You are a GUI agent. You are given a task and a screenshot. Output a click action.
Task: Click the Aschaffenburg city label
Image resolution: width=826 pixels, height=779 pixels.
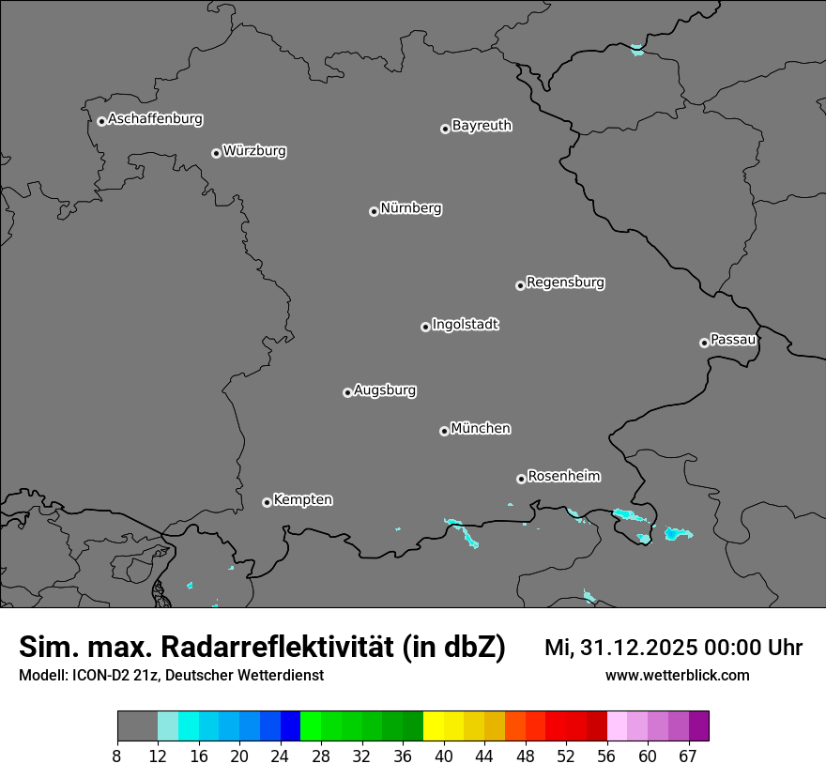pyautogui.click(x=155, y=119)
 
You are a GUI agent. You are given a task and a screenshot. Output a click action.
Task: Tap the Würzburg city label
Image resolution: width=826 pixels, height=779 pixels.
pyautogui.click(x=254, y=151)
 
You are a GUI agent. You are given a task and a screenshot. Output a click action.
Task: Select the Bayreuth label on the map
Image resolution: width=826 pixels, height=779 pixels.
pyautogui.click(x=482, y=126)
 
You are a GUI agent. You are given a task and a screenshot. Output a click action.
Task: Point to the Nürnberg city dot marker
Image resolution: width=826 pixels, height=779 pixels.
pyautogui.click(x=374, y=211)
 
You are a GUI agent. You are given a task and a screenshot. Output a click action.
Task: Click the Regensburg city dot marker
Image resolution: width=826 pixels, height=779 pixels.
pyautogui.click(x=520, y=285)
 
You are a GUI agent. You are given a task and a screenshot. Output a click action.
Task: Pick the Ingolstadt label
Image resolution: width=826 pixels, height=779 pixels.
pyautogui.click(x=465, y=325)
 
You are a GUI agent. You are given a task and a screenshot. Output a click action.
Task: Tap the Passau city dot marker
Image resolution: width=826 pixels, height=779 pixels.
pyautogui.click(x=704, y=343)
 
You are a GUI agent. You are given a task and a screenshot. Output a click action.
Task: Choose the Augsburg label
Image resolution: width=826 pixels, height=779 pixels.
pyautogui.click(x=385, y=390)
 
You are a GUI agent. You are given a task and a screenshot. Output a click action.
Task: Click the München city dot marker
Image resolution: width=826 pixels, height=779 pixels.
pyautogui.click(x=444, y=432)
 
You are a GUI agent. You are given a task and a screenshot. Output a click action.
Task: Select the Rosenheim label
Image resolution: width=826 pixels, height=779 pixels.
pyautogui.click(x=563, y=476)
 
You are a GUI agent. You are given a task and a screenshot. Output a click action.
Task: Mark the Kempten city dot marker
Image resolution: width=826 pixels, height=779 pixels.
pyautogui.click(x=267, y=502)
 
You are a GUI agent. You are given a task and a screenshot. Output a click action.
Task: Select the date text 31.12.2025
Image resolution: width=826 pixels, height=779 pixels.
pyautogui.click(x=630, y=648)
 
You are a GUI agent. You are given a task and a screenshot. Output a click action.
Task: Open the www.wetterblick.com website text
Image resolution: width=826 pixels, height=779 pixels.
pyautogui.click(x=677, y=676)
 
